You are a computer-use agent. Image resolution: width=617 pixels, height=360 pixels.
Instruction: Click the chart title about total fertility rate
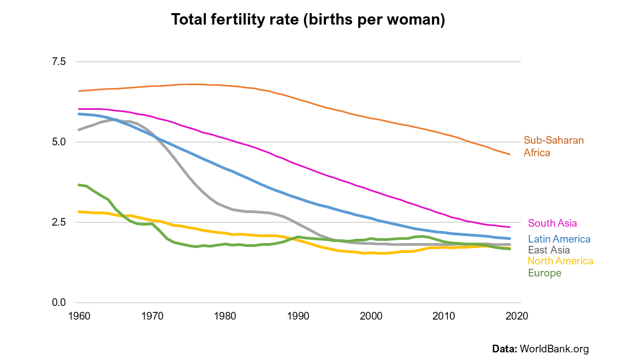(308, 20)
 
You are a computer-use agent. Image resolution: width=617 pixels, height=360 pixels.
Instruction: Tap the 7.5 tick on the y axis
(58, 62)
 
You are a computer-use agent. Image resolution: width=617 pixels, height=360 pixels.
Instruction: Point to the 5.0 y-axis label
(58, 142)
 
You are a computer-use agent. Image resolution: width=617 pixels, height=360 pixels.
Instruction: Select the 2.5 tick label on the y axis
(58, 222)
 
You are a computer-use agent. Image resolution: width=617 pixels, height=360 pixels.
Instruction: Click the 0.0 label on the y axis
(58, 303)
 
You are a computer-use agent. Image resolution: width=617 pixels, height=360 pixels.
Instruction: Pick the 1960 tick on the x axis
(79, 316)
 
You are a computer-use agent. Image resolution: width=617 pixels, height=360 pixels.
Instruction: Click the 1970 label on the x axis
(152, 316)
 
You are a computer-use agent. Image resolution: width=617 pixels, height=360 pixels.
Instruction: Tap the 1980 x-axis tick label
(225, 316)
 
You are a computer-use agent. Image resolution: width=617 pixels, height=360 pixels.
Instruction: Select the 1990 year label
(298, 316)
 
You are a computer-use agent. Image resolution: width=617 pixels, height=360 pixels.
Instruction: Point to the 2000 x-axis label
(371, 316)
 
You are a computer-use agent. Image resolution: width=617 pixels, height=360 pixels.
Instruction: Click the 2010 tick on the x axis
(444, 316)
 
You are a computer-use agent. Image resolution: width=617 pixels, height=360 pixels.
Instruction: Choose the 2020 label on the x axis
(517, 316)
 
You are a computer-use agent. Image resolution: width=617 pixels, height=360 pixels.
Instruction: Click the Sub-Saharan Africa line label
(554, 146)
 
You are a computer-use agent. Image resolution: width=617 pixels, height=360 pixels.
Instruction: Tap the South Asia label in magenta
(552, 223)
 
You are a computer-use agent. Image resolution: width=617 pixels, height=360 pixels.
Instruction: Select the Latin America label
(559, 239)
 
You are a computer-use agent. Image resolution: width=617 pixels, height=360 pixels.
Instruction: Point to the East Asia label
(549, 250)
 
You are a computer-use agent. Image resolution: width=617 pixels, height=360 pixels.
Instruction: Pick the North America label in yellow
(560, 261)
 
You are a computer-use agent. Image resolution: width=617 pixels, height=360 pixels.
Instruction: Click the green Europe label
(544, 273)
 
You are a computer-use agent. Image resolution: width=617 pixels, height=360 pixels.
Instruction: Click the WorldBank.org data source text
(554, 349)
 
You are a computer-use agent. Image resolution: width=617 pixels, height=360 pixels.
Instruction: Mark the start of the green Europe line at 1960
(80, 185)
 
